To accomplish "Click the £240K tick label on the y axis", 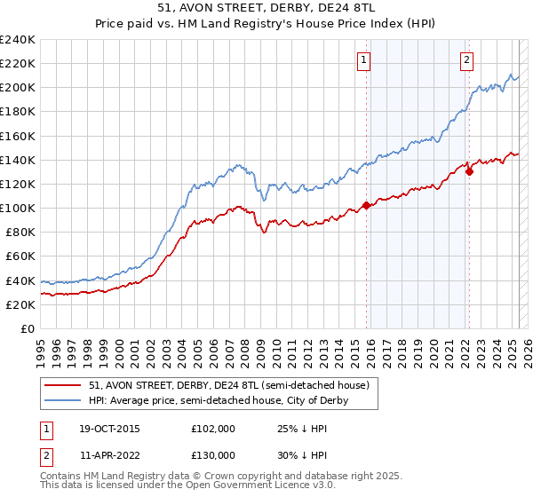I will (18, 40).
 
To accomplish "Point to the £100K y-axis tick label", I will (18, 208).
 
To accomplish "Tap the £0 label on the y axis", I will (28, 328).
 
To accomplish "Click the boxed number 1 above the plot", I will (365, 60).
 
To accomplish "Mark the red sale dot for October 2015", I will (366, 206).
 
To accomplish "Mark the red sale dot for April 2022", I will (468, 171).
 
